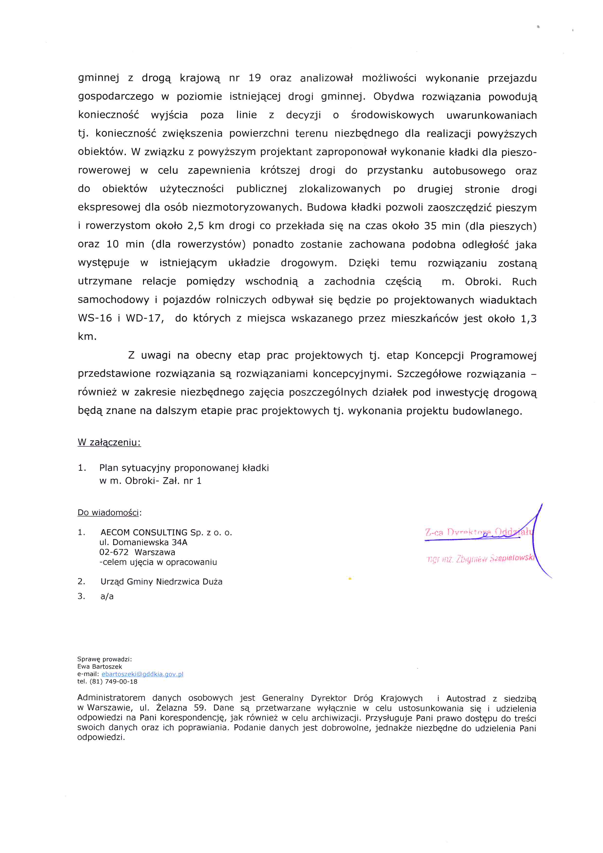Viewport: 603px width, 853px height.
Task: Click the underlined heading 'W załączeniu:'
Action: pyautogui.click(x=109, y=442)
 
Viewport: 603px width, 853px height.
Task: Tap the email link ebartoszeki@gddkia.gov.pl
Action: pyautogui.click(x=142, y=674)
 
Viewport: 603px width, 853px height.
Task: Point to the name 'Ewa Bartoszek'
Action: pyautogui.click(x=99, y=666)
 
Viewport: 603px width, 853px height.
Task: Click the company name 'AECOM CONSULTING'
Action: pyautogui.click(x=144, y=532)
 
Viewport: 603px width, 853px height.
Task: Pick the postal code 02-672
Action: pyautogui.click(x=114, y=552)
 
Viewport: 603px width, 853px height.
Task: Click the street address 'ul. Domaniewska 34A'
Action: pyautogui.click(x=143, y=542)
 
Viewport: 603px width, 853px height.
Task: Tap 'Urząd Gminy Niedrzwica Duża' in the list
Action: pyautogui.click(x=161, y=581)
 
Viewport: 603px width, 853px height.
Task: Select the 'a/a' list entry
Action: pyautogui.click(x=107, y=596)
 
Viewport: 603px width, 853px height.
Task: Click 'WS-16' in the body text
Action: pyautogui.click(x=95, y=318)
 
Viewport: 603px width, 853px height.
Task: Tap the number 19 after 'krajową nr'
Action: pyautogui.click(x=255, y=78)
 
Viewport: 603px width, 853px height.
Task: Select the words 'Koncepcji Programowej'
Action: pyautogui.click(x=476, y=356)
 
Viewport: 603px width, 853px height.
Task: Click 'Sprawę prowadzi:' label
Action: pyautogui.click(x=104, y=659)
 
